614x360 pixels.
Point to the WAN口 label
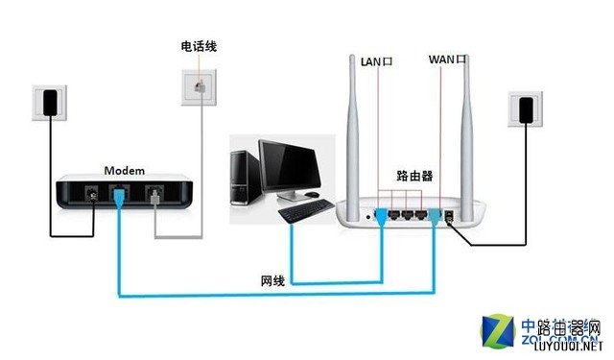(x=447, y=60)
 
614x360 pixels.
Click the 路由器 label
(x=414, y=177)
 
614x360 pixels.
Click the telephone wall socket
(x=200, y=85)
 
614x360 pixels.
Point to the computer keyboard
(x=299, y=208)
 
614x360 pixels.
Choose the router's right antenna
(x=470, y=125)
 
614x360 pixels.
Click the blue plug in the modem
(x=118, y=198)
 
